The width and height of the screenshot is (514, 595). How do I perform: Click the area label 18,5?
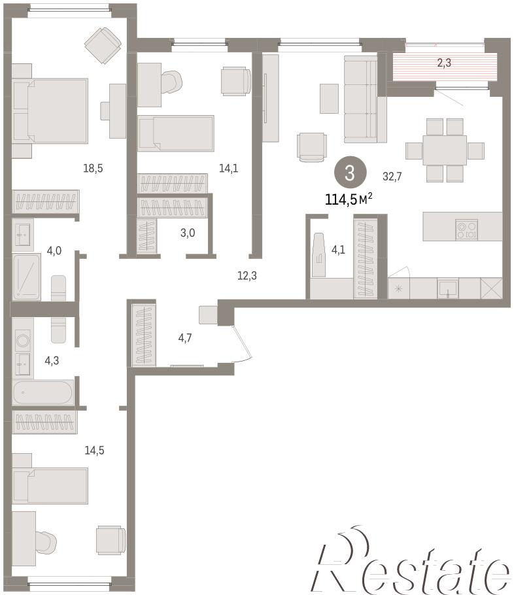(x=93, y=168)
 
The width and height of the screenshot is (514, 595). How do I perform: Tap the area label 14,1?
(x=228, y=168)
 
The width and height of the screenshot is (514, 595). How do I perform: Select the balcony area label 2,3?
(x=444, y=63)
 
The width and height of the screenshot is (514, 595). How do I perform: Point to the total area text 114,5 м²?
(x=349, y=199)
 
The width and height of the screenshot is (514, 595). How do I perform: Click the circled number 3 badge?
(x=350, y=173)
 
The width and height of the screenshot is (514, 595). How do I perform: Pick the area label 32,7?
(x=392, y=177)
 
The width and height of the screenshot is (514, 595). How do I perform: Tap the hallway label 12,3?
(x=247, y=276)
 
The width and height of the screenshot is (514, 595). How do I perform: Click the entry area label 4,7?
(x=185, y=338)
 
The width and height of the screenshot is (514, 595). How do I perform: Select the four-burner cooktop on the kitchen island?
(x=466, y=229)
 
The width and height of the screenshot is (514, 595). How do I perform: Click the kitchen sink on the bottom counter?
(x=448, y=288)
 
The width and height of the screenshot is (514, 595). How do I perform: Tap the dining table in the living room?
(x=445, y=150)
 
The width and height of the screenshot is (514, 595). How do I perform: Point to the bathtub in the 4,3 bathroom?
(x=43, y=392)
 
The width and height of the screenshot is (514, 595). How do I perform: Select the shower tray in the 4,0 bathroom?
(x=26, y=277)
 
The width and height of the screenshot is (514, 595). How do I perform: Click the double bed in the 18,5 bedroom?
(x=50, y=110)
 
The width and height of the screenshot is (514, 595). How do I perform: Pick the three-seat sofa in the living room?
(x=360, y=99)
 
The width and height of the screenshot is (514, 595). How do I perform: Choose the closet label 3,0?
(x=188, y=233)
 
